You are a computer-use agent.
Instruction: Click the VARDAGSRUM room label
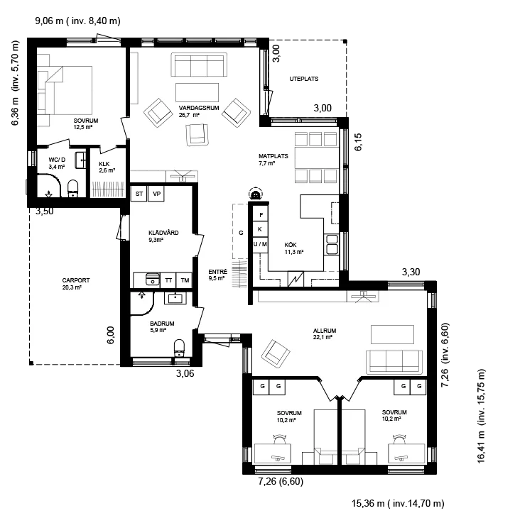tap(199, 108)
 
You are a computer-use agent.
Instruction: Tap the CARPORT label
tap(76, 280)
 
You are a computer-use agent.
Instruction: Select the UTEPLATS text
tap(303, 79)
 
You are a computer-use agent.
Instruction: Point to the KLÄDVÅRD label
tap(163, 233)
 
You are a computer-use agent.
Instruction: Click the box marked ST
tap(139, 194)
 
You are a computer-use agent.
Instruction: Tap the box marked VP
tap(156, 194)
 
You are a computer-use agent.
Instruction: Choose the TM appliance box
tap(185, 280)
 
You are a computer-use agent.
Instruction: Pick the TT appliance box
tap(168, 280)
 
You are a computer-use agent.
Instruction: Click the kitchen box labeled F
tap(261, 215)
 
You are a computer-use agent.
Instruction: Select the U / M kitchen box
tap(260, 245)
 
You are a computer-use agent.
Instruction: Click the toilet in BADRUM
tap(179, 348)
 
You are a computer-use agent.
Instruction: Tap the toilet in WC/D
tap(72, 189)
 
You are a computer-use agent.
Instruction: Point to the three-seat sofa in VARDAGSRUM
tap(199, 65)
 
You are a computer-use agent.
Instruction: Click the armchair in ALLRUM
tap(276, 354)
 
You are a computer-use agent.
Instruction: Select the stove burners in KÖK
tap(332, 244)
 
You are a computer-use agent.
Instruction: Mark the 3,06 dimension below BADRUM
tap(185, 374)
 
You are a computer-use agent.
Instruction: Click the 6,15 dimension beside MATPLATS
tap(358, 142)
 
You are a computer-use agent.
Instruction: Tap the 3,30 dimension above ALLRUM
tap(411, 272)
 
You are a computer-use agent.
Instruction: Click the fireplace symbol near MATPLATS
tap(255, 194)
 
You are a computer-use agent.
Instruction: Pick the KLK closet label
tap(104, 164)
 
